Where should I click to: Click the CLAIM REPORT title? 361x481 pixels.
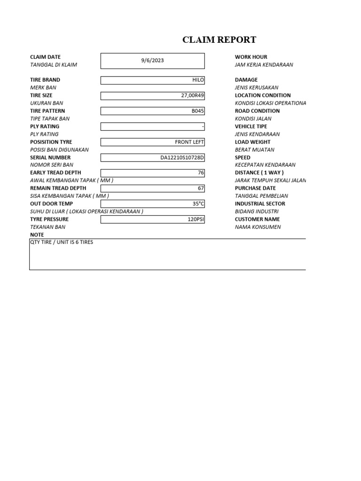(x=220, y=40)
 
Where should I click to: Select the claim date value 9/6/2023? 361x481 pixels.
(x=153, y=61)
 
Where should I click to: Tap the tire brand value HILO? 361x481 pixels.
(x=198, y=80)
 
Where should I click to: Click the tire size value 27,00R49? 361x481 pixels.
(x=193, y=95)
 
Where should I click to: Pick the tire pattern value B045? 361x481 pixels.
(x=198, y=111)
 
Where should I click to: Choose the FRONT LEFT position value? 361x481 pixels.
(x=189, y=142)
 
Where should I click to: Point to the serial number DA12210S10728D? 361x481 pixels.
(x=182, y=157)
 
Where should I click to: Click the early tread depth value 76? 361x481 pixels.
(x=201, y=173)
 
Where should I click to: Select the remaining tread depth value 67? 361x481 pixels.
(x=201, y=188)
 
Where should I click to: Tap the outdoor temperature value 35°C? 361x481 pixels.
(x=198, y=204)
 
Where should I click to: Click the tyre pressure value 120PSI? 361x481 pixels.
(x=196, y=219)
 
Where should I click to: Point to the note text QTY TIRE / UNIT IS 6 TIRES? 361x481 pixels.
(x=62, y=242)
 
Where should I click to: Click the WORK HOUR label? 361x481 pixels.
(x=251, y=57)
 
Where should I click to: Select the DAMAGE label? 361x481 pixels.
(x=246, y=80)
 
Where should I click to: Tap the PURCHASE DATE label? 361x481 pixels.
(x=255, y=188)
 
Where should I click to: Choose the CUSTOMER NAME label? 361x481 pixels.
(x=257, y=219)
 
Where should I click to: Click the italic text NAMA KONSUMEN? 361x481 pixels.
(x=258, y=227)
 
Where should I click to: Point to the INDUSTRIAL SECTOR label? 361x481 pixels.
(x=260, y=204)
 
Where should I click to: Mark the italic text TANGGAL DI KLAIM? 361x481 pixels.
(x=54, y=65)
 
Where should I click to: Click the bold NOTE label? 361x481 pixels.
(x=37, y=235)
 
